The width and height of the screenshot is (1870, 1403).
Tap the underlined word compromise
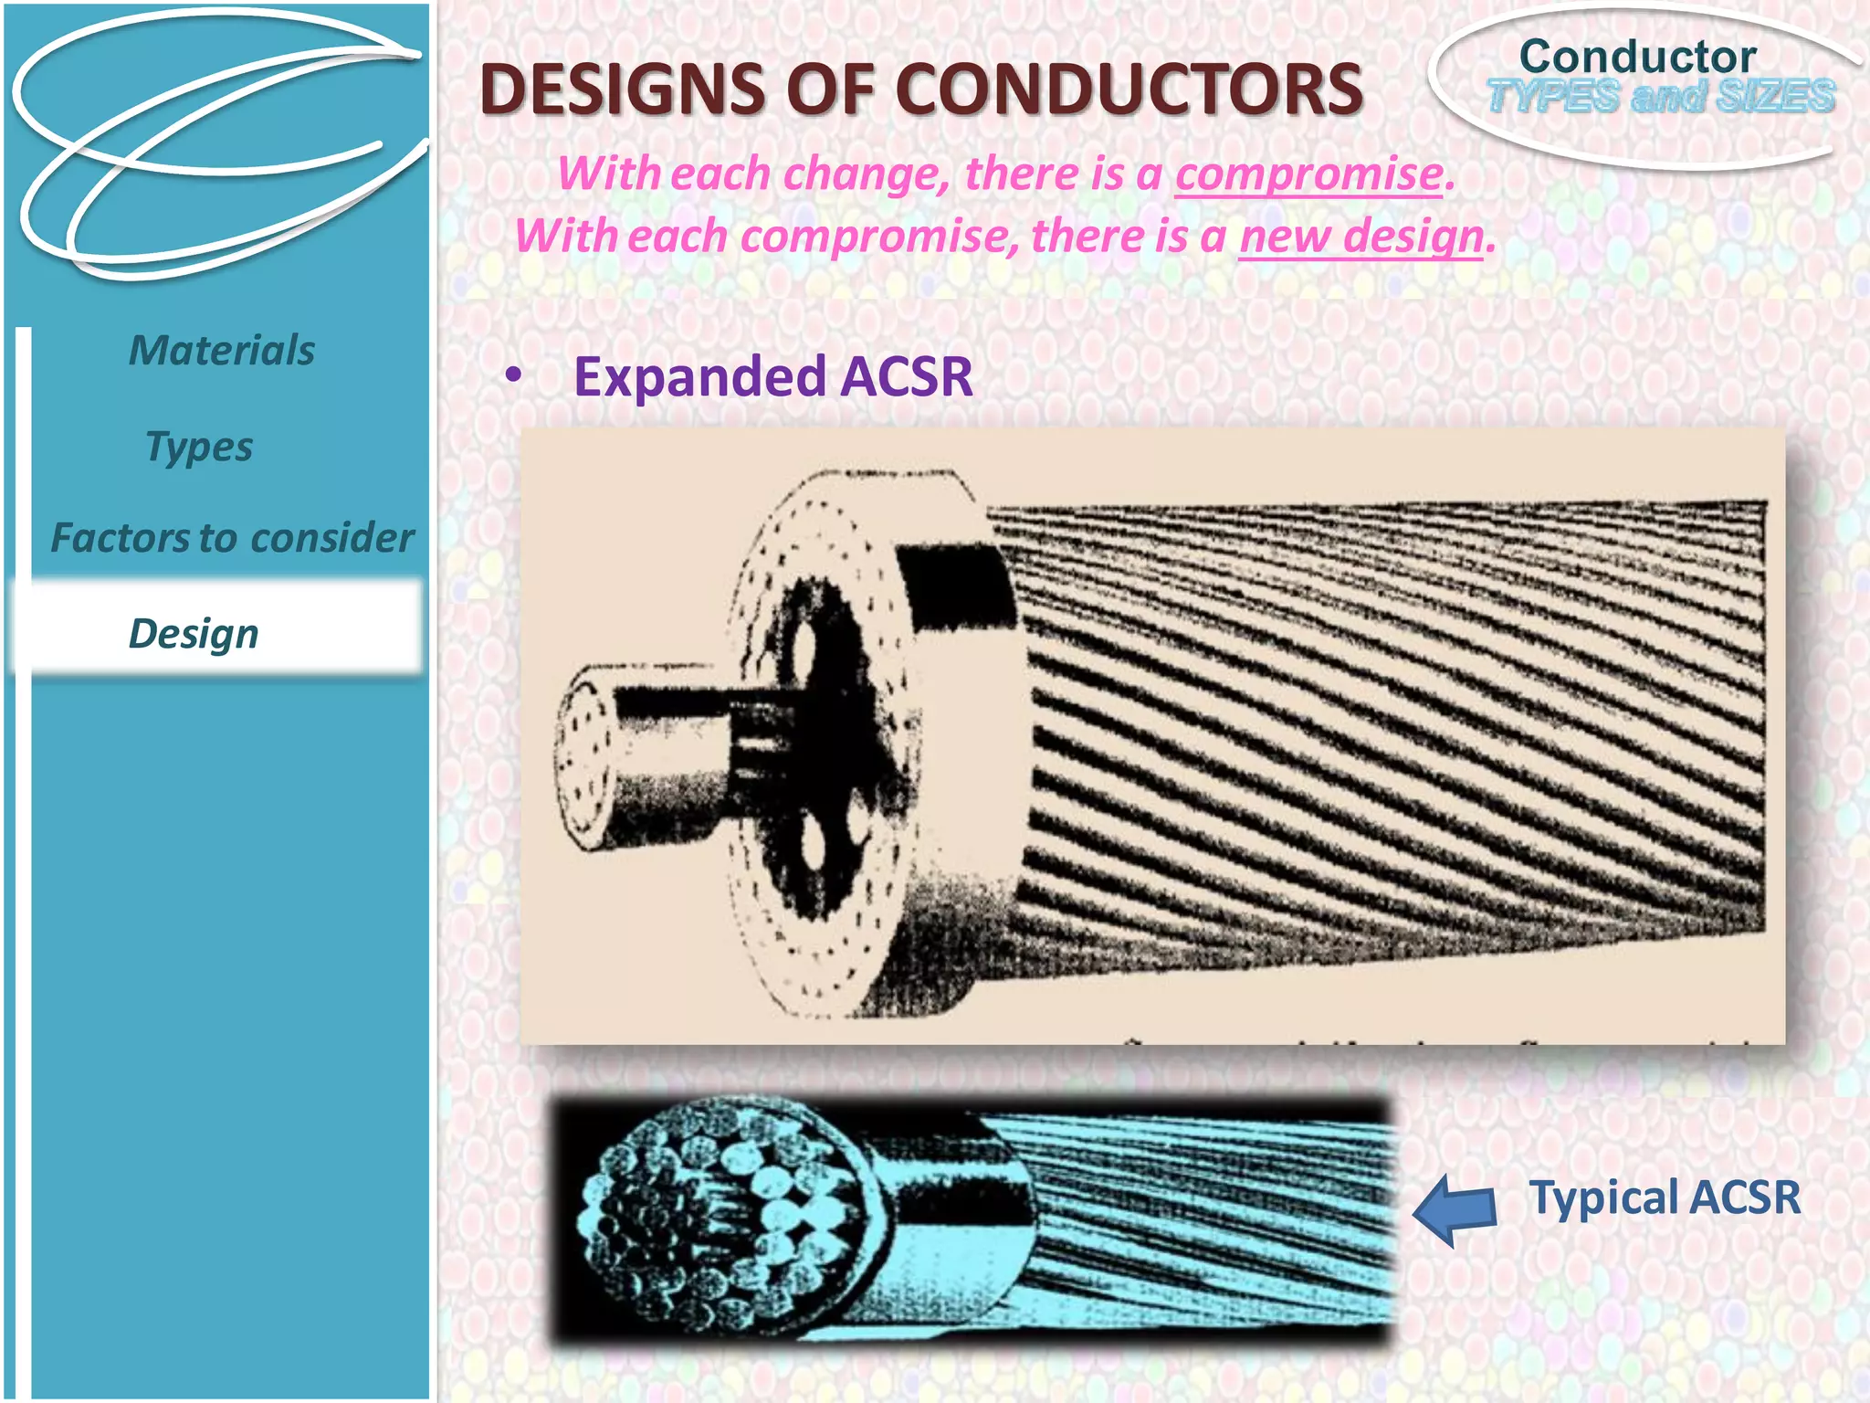[x=1308, y=174]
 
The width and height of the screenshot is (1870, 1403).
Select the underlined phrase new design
[x=1360, y=236]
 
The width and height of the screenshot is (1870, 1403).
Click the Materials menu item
[x=222, y=351]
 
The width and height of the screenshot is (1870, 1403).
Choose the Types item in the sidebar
[x=199, y=447]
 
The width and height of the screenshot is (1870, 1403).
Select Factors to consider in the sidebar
[x=232, y=538]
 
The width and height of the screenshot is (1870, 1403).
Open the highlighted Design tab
[x=194, y=633]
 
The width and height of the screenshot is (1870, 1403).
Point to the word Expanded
[x=698, y=376]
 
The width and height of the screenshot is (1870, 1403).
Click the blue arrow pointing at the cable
[x=1455, y=1209]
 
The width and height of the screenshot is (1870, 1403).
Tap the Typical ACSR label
[x=1665, y=1197]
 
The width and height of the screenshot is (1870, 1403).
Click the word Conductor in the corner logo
[x=1637, y=57]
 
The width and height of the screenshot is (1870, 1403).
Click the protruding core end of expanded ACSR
[x=584, y=758]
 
